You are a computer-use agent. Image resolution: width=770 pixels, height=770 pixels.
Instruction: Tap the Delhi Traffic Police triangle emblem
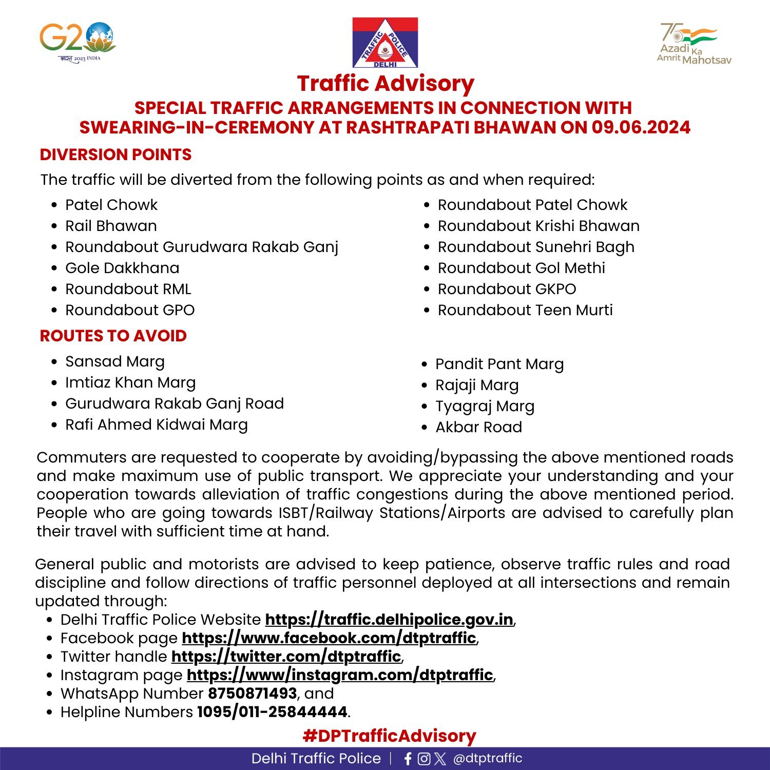coord(385,43)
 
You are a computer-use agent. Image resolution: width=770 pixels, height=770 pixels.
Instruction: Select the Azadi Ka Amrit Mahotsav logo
coord(694,44)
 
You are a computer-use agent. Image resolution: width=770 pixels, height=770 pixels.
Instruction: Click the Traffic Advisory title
coord(386,84)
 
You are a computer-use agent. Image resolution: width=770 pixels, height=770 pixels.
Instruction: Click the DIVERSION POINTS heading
coord(115,155)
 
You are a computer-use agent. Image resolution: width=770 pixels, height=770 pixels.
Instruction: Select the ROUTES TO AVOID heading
coord(113,336)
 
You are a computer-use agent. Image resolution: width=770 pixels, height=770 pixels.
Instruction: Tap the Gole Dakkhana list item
coord(122,268)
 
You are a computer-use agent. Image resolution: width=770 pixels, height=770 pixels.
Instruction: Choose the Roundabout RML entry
coord(128,289)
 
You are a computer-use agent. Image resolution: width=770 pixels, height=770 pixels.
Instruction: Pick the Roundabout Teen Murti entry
coord(525,310)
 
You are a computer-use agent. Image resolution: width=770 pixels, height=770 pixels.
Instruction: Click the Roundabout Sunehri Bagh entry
coord(535,247)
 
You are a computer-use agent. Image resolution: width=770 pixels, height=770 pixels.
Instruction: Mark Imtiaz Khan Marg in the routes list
coord(130,382)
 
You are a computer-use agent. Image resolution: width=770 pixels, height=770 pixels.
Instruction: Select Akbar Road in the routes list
coord(478,427)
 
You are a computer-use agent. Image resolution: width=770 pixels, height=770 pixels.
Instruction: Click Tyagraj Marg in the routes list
coord(485,406)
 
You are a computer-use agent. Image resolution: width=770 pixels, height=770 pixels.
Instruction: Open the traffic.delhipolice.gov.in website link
coord(389,620)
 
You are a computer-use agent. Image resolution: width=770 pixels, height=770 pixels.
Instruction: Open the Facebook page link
coord(329,638)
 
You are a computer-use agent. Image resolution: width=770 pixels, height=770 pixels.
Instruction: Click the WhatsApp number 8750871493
coord(252,694)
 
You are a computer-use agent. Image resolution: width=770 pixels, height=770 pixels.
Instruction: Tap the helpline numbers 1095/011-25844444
coord(272,712)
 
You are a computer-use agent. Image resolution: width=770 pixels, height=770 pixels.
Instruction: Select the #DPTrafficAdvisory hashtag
coord(389,736)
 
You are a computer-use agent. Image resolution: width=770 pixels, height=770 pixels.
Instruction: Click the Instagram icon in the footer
coord(424,759)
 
